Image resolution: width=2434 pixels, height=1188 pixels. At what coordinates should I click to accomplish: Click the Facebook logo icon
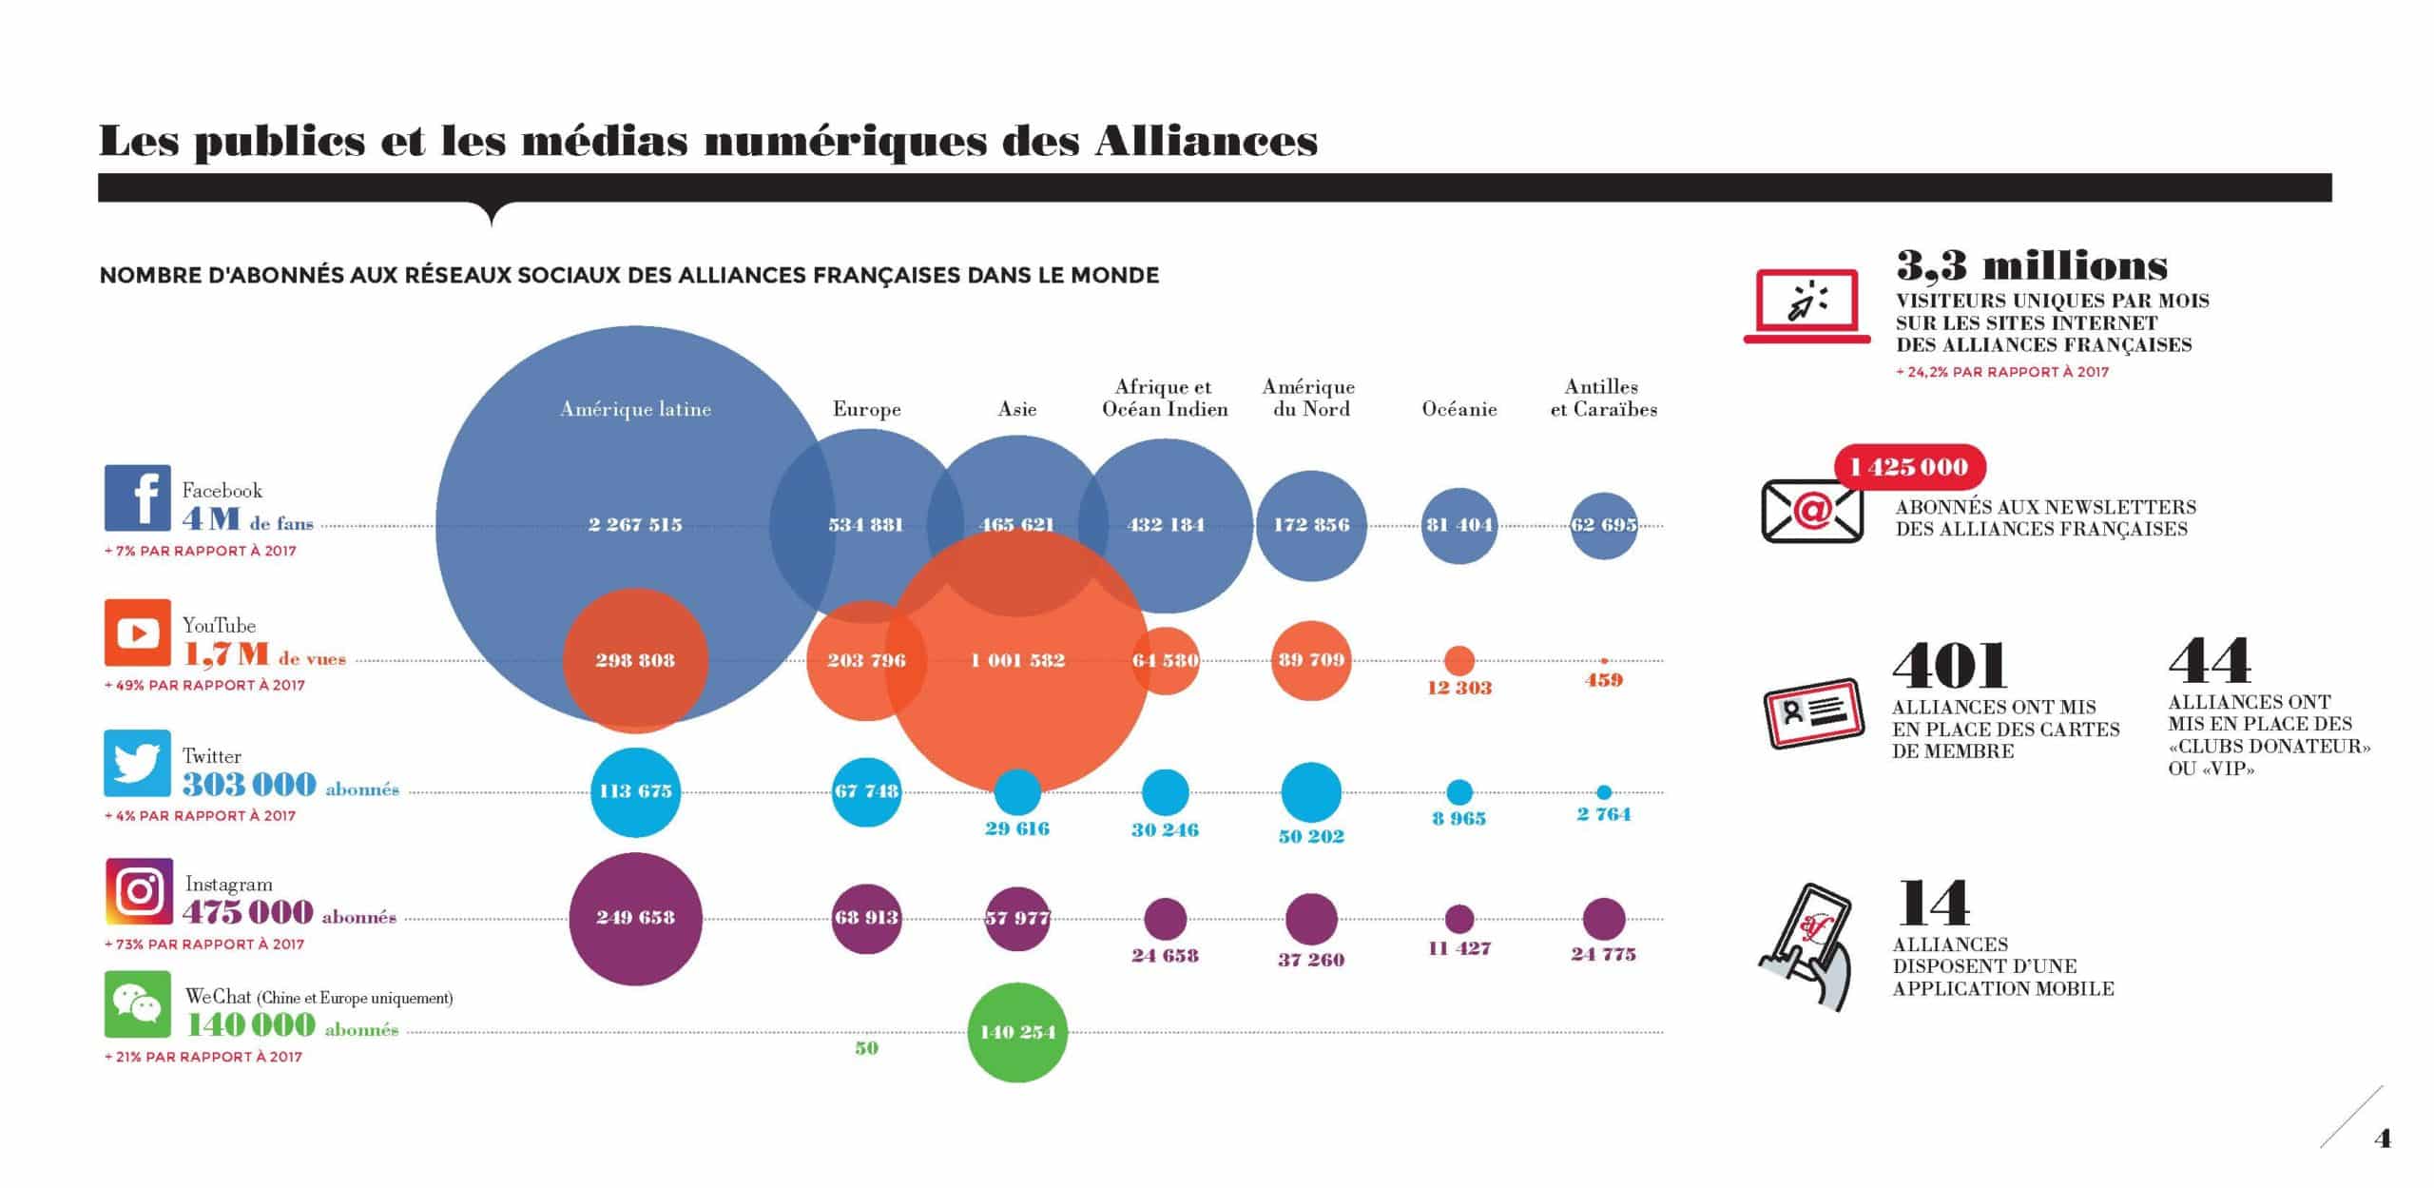[138, 497]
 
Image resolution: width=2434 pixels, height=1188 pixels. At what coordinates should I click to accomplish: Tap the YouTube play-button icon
[138, 633]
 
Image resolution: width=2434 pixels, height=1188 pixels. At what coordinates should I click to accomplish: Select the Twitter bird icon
[138, 763]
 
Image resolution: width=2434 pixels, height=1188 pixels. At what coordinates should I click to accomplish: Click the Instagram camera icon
[139, 891]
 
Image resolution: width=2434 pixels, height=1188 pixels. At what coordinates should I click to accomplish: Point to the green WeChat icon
[138, 1004]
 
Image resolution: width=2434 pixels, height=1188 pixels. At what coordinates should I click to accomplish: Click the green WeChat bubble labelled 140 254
[1017, 1032]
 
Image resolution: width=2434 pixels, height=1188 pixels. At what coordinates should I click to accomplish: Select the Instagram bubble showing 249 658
[635, 918]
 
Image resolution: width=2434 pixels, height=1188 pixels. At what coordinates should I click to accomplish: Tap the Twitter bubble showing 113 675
[635, 791]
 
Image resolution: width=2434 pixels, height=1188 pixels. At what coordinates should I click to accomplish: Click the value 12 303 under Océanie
[1459, 688]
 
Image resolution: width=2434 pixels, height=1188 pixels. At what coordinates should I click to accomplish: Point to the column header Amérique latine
[635, 409]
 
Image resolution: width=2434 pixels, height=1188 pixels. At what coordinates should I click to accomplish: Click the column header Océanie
[1459, 409]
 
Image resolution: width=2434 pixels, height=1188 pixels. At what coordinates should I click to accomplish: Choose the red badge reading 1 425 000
[1909, 467]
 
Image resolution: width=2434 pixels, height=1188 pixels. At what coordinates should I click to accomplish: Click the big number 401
[1949, 665]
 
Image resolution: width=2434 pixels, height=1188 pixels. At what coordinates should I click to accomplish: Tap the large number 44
[2210, 661]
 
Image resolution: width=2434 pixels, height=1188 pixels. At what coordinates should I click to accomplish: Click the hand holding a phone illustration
[1805, 946]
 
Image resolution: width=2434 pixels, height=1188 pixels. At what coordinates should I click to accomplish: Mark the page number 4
[2382, 1139]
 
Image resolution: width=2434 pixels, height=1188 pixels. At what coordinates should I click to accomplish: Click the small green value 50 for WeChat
[866, 1048]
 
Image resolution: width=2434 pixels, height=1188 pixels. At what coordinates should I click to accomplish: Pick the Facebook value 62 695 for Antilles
[1604, 524]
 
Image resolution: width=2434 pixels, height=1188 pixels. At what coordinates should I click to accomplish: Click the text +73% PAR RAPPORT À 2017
[204, 945]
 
